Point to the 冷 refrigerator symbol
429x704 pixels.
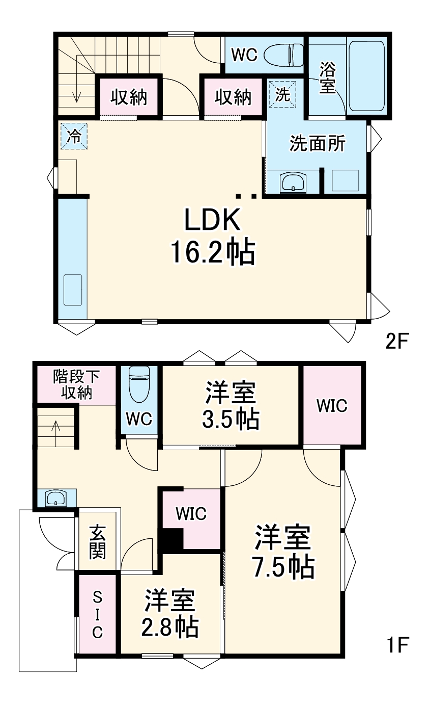point(74,136)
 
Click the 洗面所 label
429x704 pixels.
point(317,144)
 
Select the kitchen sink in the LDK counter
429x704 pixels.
point(72,289)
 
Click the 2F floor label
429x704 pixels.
point(397,341)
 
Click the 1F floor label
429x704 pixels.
point(397,645)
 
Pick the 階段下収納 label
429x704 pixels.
point(77,384)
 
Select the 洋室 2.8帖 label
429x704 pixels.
point(170,614)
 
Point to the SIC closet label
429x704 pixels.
point(97,614)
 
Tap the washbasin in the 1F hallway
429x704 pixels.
point(55,499)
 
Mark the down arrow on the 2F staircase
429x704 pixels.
point(76,94)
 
